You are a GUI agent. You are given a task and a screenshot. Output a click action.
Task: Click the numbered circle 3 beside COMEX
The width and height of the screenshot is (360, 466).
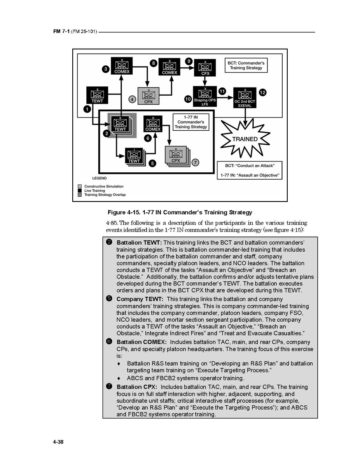click(105, 69)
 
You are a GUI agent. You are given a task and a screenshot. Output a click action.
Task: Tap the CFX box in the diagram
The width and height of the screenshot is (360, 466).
click(205, 68)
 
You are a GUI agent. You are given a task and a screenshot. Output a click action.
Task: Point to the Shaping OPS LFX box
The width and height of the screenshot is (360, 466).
click(205, 96)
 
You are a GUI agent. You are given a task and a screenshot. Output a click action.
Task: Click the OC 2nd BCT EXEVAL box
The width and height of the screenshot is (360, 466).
click(245, 98)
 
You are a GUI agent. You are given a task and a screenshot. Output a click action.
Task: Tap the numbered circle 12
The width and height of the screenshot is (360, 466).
click(262, 92)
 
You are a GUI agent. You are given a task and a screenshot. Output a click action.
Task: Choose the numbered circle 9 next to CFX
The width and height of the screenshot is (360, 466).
click(189, 61)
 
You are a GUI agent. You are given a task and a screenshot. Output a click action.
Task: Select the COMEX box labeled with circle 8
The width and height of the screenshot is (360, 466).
click(170, 67)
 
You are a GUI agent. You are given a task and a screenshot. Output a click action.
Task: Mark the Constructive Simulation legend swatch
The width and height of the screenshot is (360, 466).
click(80, 186)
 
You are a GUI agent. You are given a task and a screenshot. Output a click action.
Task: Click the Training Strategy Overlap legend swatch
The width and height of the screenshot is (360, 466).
click(80, 195)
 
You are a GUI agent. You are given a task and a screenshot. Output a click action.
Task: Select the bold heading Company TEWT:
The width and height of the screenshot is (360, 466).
click(140, 299)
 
